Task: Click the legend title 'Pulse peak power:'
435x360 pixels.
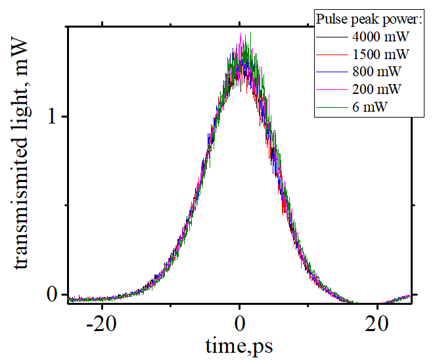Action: [363, 19]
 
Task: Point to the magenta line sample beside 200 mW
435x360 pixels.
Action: [330, 88]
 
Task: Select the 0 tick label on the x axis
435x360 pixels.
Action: [240, 324]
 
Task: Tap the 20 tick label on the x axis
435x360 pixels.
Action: [378, 324]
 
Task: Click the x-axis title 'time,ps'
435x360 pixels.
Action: [240, 346]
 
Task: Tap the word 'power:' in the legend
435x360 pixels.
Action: [394, 19]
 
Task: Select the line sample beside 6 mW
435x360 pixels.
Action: [330, 105]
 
